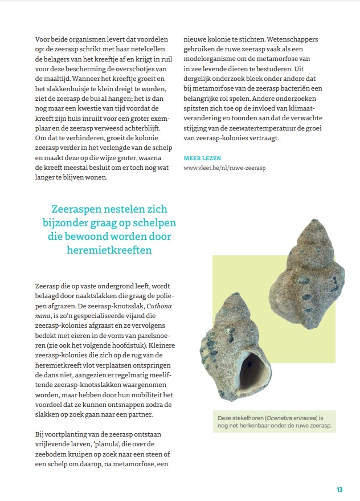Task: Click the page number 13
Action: point(339,490)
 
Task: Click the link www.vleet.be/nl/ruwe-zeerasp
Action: point(225,168)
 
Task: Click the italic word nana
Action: point(43,315)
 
